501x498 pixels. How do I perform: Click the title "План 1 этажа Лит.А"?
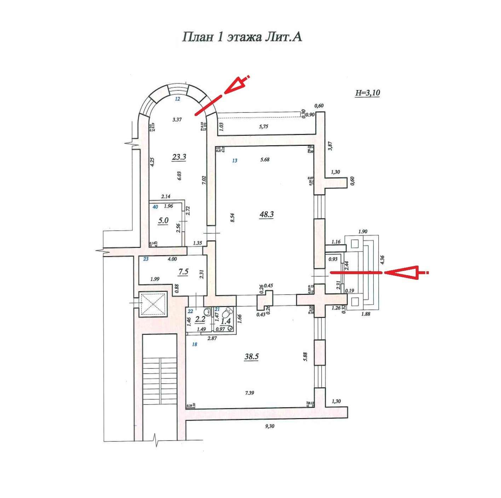coord(242,37)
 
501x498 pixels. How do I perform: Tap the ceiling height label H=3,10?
coord(368,93)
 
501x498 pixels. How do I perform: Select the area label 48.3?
coord(266,214)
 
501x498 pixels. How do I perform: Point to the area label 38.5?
coord(252,357)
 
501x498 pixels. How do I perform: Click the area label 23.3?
coord(179,157)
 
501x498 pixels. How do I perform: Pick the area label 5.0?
coord(163,221)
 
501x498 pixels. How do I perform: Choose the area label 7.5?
coord(183,272)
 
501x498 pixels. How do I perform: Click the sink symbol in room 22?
coord(208,312)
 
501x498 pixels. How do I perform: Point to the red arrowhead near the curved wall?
coord(236,85)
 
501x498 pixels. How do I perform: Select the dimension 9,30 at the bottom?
coord(270,426)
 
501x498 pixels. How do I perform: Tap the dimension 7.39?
coord(249,393)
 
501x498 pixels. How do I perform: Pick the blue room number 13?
coord(235,161)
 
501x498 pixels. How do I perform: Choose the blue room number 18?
coord(194,344)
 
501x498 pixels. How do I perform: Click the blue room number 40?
coord(155,207)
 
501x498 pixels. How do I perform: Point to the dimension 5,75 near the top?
coord(263,127)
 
